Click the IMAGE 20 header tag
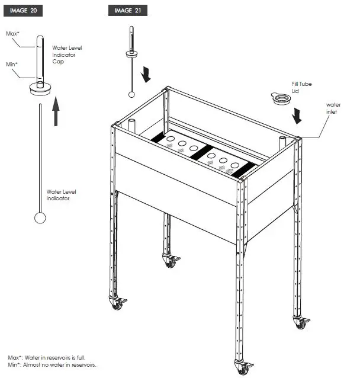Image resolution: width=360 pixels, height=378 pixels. tap(24, 11)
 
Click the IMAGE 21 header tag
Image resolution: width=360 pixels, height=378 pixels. tap(127, 11)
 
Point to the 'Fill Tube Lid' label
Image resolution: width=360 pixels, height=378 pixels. tap(301, 88)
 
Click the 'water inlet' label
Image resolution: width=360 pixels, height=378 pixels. tap(333, 108)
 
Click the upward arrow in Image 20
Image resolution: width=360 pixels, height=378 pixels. tap(56, 112)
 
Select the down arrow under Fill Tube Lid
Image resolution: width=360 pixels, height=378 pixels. tap(297, 116)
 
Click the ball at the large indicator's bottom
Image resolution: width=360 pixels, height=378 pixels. tap(40, 217)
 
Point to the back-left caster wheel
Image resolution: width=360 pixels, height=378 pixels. tap(171, 261)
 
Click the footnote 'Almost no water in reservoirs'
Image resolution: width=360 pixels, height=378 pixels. tap(52, 365)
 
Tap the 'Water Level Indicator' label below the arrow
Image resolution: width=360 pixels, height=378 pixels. tap(61, 195)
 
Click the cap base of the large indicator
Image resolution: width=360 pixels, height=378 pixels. tap(40, 89)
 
